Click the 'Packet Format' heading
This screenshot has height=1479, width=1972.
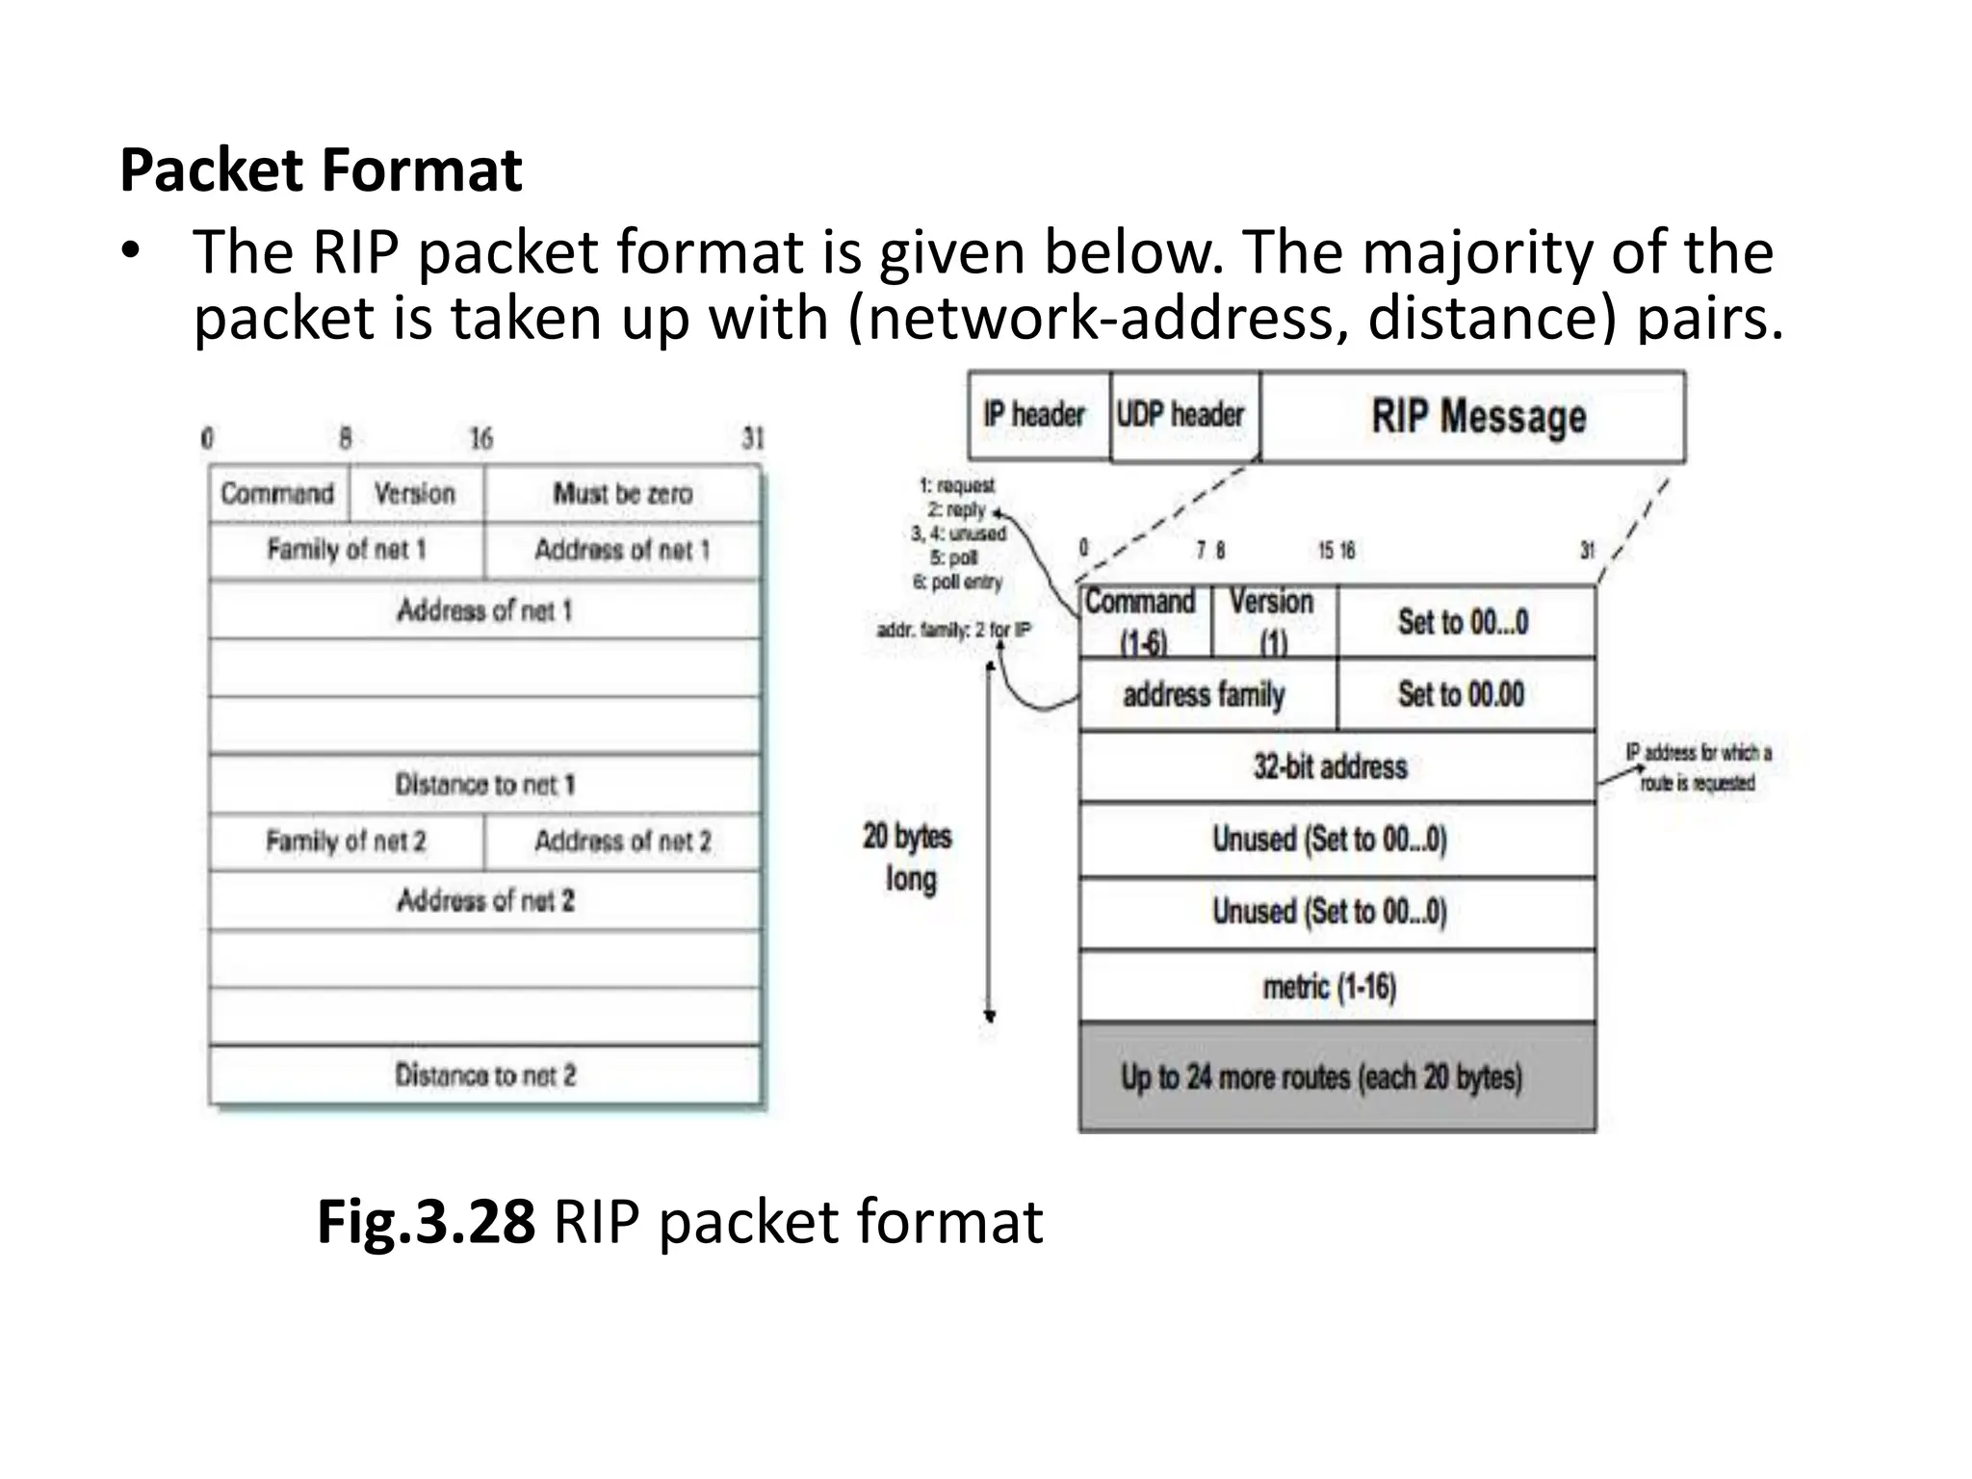click(321, 170)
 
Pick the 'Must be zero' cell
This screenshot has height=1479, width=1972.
click(622, 494)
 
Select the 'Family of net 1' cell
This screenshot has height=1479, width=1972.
click(346, 550)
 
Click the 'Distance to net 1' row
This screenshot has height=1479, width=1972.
click(484, 784)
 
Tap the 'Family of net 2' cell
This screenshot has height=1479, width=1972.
click(346, 842)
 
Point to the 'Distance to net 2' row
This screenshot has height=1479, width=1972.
click(484, 1075)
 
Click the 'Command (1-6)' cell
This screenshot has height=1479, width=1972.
click(1142, 621)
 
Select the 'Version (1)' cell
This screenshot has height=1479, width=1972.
click(1273, 621)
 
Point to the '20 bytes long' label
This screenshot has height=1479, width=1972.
click(908, 857)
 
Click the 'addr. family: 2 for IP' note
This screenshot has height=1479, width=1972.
click(953, 631)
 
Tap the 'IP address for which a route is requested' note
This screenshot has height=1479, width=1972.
click(1698, 767)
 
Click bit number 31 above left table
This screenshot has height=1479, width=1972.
click(752, 439)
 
